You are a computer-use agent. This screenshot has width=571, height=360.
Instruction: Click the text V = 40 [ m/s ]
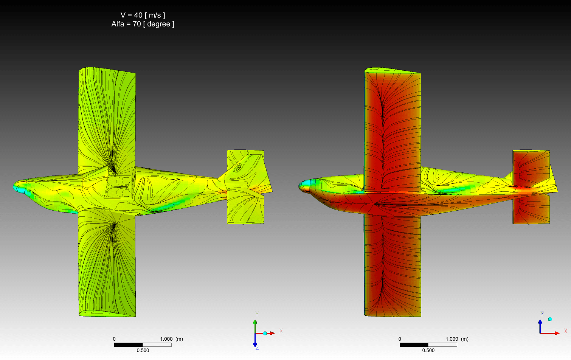(x=143, y=15)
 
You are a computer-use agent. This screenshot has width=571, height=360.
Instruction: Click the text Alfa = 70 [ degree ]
(x=143, y=24)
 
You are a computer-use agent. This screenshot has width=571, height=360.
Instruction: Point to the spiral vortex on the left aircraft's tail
(x=238, y=168)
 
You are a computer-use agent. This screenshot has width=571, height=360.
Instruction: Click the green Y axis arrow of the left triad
(x=255, y=326)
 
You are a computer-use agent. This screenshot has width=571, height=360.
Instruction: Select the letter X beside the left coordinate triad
(x=281, y=331)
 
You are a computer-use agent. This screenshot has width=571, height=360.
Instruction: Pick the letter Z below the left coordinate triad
(x=257, y=348)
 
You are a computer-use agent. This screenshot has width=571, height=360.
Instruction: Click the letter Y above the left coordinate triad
(x=257, y=314)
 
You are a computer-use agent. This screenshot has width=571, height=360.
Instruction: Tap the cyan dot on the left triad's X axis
(x=265, y=333)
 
